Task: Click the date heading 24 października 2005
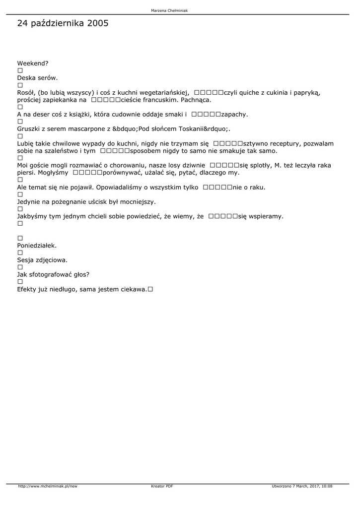click(63, 23)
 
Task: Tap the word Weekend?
click(33, 63)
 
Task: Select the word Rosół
click(26, 92)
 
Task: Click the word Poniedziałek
click(37, 245)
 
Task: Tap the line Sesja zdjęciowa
click(42, 259)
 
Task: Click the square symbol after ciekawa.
click(150, 289)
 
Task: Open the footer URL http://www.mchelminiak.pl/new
click(48, 486)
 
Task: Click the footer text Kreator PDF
click(162, 486)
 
